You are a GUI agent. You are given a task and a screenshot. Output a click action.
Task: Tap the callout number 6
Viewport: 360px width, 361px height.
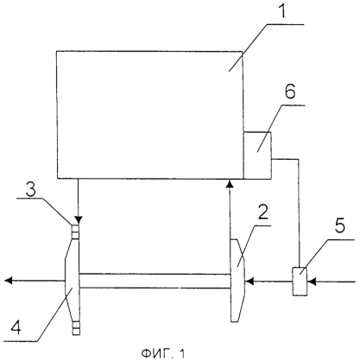pos(290,92)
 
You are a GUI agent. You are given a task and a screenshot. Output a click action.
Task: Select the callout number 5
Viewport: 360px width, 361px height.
pos(339,225)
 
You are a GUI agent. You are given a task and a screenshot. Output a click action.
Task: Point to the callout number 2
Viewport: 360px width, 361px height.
pos(262,212)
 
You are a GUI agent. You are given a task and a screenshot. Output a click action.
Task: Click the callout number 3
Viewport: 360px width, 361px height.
pos(30,190)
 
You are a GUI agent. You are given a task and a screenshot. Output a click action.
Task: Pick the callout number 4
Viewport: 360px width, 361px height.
pos(16,327)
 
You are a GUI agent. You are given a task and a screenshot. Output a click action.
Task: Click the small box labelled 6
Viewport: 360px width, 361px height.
pos(257,155)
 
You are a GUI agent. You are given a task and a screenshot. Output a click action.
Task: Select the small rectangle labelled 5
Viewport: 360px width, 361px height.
pos(300,282)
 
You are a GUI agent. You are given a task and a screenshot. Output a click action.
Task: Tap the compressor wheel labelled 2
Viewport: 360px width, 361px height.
pos(237,281)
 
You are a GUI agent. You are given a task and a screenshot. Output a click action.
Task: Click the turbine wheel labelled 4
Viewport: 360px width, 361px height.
pos(73,280)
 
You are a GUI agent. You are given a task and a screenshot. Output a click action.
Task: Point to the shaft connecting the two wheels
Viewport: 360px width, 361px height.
pos(155,281)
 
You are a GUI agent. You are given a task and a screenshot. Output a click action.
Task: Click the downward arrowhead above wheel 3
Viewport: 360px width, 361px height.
pos(78,220)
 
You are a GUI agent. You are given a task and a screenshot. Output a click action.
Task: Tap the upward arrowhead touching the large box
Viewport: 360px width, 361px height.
pos(230,183)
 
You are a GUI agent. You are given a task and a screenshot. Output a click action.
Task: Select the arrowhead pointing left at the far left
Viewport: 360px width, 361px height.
pos(9,280)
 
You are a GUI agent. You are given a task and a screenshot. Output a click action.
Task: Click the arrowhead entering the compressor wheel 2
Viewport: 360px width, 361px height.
pos(249,281)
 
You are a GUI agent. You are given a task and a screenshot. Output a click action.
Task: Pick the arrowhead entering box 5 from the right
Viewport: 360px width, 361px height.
pos(312,281)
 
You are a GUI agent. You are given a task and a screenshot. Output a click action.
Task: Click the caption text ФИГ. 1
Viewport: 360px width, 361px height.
pos(163,352)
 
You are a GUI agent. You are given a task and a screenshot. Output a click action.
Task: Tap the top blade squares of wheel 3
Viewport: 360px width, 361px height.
pos(75,232)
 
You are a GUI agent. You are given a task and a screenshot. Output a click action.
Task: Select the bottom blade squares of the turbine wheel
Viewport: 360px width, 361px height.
pos(76,328)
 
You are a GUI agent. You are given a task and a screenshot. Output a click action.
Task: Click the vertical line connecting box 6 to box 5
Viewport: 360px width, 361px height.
pos(300,213)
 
